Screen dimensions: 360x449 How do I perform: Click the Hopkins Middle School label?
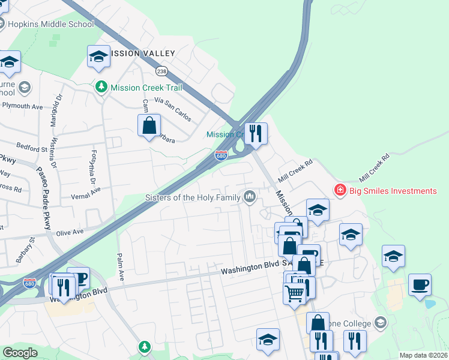tap(51, 24)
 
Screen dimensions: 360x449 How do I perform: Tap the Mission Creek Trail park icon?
tap(101, 87)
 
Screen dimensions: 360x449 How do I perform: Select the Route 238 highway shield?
tap(162, 71)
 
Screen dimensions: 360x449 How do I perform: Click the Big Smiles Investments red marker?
tap(340, 191)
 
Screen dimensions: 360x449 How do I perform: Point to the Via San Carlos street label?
tap(173, 109)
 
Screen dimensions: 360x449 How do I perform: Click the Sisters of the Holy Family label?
tap(193, 197)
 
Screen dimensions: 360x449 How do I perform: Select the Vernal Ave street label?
tap(86, 189)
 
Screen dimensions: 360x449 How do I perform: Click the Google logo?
tap(19, 353)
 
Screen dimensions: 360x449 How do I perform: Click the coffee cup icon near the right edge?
tap(420, 284)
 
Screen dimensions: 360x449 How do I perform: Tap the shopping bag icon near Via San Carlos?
tap(149, 126)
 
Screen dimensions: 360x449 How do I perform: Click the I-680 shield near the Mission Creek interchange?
tap(221, 156)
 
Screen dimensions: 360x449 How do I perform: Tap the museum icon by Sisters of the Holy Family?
tap(249, 196)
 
